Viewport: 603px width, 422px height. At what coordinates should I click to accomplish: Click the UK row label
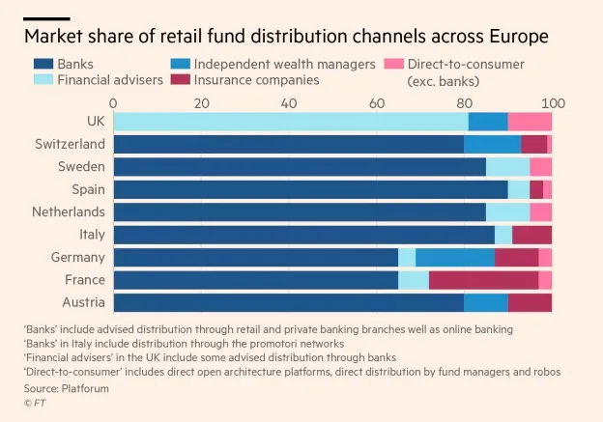click(x=95, y=121)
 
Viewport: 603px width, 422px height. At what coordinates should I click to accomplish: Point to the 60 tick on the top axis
click(x=377, y=102)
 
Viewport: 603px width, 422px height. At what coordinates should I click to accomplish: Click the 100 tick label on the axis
click(x=552, y=102)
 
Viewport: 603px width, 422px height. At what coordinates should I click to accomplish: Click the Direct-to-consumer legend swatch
click(x=394, y=65)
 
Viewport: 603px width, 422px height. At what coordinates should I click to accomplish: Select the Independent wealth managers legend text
click(x=284, y=65)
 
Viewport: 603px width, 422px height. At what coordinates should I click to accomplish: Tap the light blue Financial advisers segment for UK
click(x=290, y=121)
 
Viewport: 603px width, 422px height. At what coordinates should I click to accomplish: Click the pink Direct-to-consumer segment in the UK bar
click(x=530, y=121)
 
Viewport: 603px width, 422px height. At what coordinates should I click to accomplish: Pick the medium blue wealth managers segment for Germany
click(x=455, y=257)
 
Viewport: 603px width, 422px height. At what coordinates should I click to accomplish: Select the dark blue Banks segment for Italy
click(x=303, y=235)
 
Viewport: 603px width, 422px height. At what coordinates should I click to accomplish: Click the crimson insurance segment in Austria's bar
click(x=530, y=302)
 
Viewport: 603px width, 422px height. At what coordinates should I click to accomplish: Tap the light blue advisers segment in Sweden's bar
click(x=507, y=166)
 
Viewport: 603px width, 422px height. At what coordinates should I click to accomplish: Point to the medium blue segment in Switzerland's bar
click(x=492, y=144)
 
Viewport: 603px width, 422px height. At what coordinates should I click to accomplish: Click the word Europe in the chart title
click(x=515, y=37)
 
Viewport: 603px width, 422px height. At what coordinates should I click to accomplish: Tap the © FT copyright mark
click(x=36, y=403)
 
